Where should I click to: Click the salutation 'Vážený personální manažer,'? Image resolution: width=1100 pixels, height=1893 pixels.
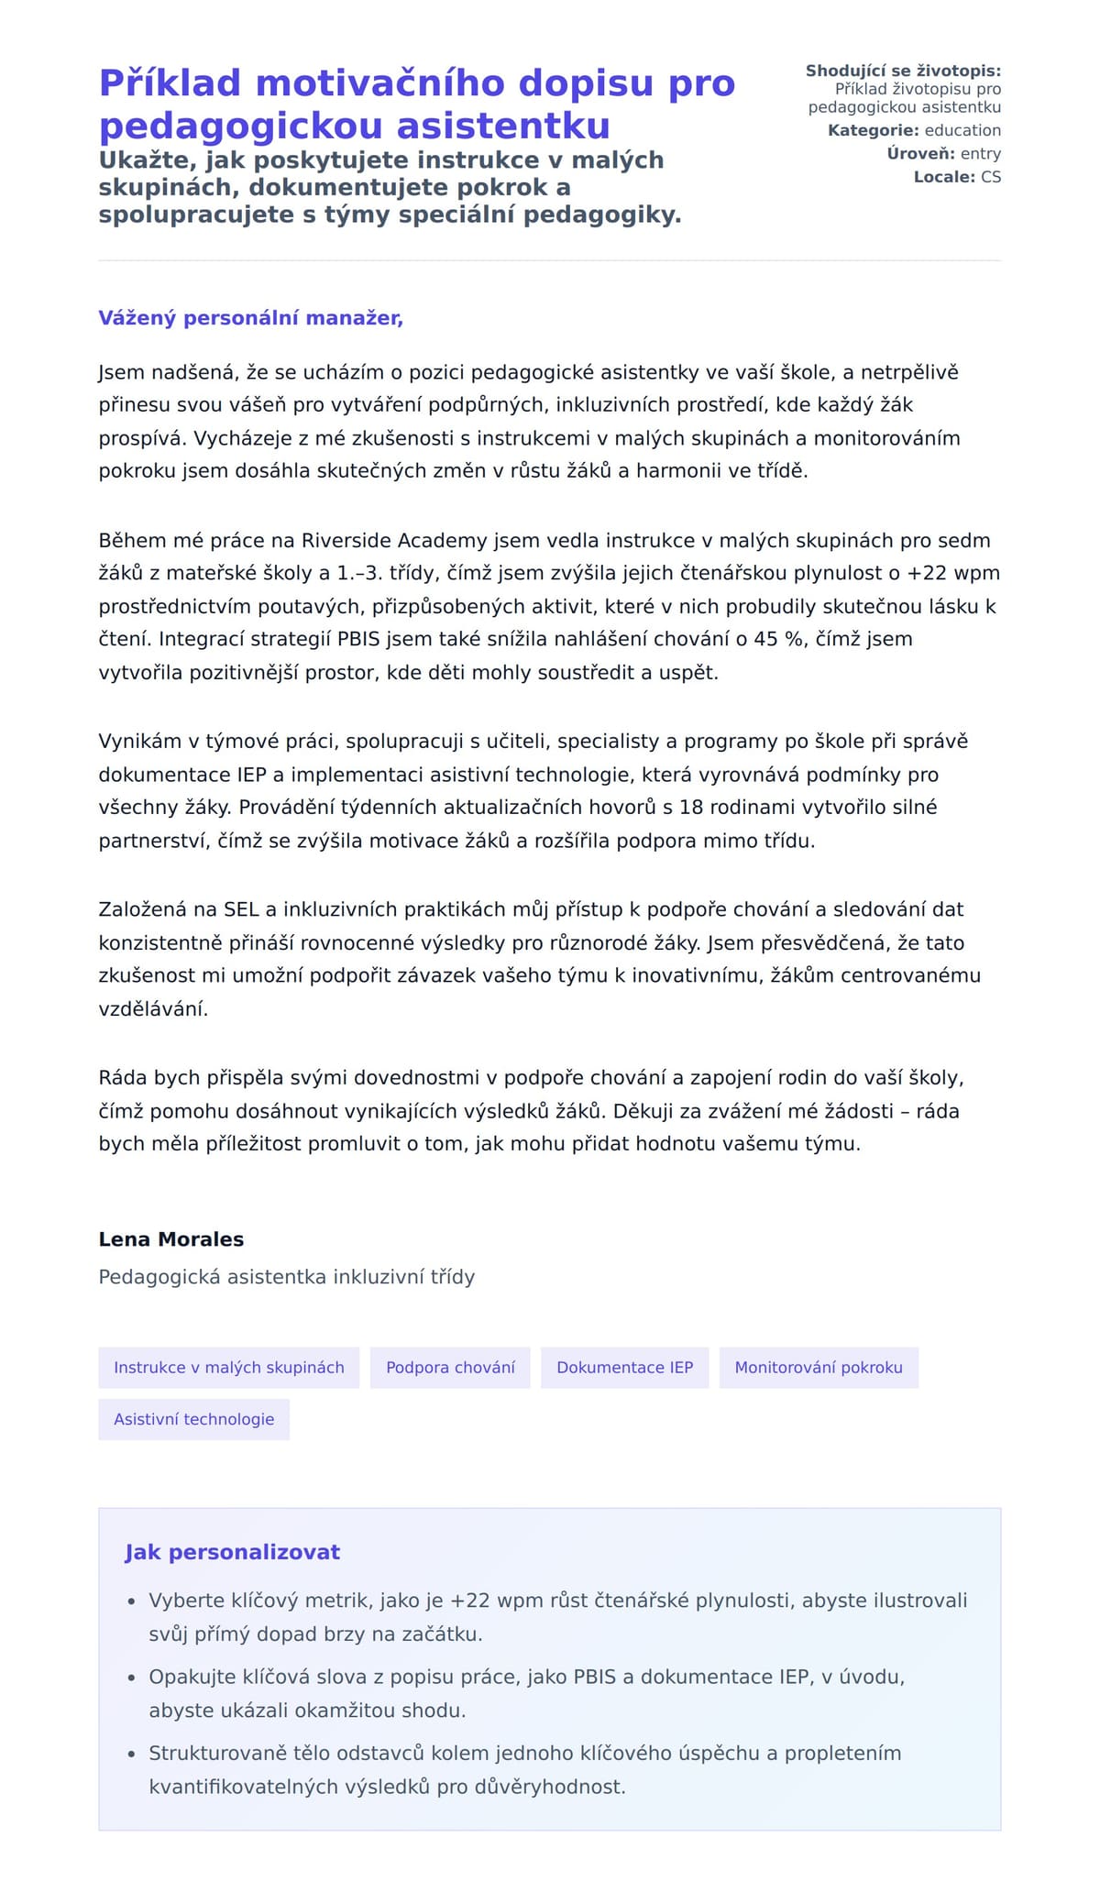(250, 318)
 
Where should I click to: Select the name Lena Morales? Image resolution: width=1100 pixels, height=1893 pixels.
(171, 1239)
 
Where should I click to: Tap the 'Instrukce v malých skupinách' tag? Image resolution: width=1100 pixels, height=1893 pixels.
(228, 1368)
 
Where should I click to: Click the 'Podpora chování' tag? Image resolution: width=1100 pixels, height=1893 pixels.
(450, 1368)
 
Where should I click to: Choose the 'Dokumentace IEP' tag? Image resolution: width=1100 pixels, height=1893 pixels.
(624, 1368)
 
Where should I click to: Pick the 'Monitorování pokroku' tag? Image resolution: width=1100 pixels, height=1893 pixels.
(818, 1368)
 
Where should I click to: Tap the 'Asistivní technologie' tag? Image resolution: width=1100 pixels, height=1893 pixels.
(193, 1419)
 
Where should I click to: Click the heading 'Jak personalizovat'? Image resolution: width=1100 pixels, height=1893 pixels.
(232, 1552)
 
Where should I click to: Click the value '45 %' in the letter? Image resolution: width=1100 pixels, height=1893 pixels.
(779, 639)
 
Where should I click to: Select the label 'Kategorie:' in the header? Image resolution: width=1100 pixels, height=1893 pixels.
(873, 130)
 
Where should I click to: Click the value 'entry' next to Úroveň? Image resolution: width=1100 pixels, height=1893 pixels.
(980, 153)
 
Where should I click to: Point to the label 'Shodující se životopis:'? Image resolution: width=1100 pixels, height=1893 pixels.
(903, 71)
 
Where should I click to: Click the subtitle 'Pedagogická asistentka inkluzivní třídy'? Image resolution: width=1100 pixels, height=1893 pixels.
(286, 1277)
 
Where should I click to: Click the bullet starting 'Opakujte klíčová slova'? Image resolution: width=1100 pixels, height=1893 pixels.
(526, 1677)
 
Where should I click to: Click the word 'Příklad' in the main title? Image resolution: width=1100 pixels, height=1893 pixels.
(170, 83)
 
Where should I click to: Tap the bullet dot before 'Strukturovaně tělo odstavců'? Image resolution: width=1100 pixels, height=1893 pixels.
(131, 1754)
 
